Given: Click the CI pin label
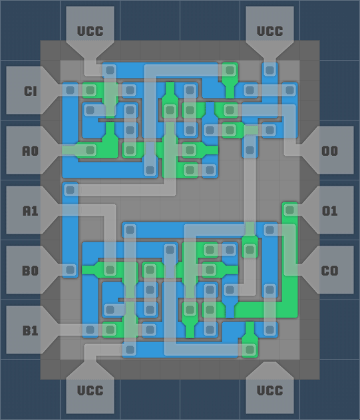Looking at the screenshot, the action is click(30, 91).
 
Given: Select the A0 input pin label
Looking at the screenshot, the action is click(30, 151).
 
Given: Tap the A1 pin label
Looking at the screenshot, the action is click(30, 211).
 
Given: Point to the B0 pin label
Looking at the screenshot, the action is click(30, 271).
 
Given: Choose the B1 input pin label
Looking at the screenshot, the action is click(30, 331).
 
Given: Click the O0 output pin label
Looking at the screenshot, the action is click(330, 151).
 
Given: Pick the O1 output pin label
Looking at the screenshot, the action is click(330, 211).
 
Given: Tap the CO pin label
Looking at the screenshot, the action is click(330, 271).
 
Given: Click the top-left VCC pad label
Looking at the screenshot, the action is click(90, 31).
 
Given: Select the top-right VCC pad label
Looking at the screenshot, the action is click(270, 31).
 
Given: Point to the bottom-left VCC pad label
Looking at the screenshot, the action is click(90, 391).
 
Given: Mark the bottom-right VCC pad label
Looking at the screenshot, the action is click(270, 391).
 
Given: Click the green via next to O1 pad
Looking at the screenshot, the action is click(289, 210).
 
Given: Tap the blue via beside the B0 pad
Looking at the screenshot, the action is click(70, 270).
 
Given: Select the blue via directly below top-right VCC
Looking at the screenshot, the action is click(270, 70).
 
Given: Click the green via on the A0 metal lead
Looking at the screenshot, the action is click(90, 150).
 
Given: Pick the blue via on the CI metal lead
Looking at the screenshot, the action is click(70, 90).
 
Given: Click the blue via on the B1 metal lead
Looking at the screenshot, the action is click(90, 330).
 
